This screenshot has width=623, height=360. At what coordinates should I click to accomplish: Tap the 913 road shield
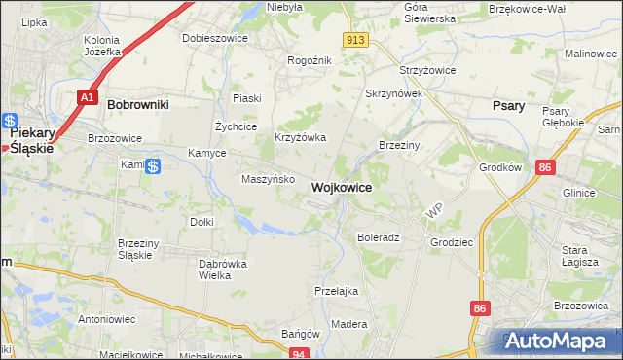[x=355, y=39]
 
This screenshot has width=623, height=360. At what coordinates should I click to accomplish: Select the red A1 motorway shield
[x=87, y=97]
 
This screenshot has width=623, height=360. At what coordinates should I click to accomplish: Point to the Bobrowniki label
[x=138, y=103]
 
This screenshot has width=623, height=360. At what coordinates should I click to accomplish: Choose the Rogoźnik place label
[x=310, y=60]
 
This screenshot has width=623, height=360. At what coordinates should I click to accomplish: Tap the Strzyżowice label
[x=422, y=71]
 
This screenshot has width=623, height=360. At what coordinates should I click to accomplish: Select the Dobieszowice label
[x=215, y=38]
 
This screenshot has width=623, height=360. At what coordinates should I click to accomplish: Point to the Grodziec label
[x=450, y=241]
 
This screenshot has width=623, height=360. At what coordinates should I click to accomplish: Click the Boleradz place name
[x=379, y=237]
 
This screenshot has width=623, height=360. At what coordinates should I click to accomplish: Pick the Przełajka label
[x=337, y=291]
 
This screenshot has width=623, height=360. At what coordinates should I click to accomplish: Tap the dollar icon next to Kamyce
[x=153, y=166]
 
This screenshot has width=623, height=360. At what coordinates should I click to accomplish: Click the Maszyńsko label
[x=262, y=179]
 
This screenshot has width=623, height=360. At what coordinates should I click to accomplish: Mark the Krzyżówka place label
[x=300, y=138]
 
